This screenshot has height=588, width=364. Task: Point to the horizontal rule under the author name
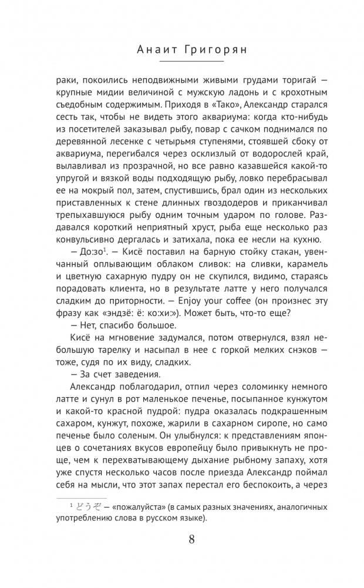click(x=182, y=62)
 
